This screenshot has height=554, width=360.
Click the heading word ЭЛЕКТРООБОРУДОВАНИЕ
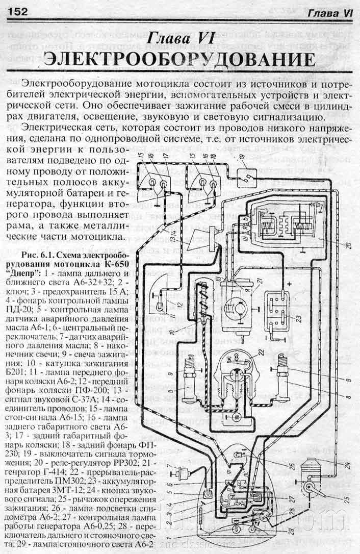(x=179, y=60)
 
